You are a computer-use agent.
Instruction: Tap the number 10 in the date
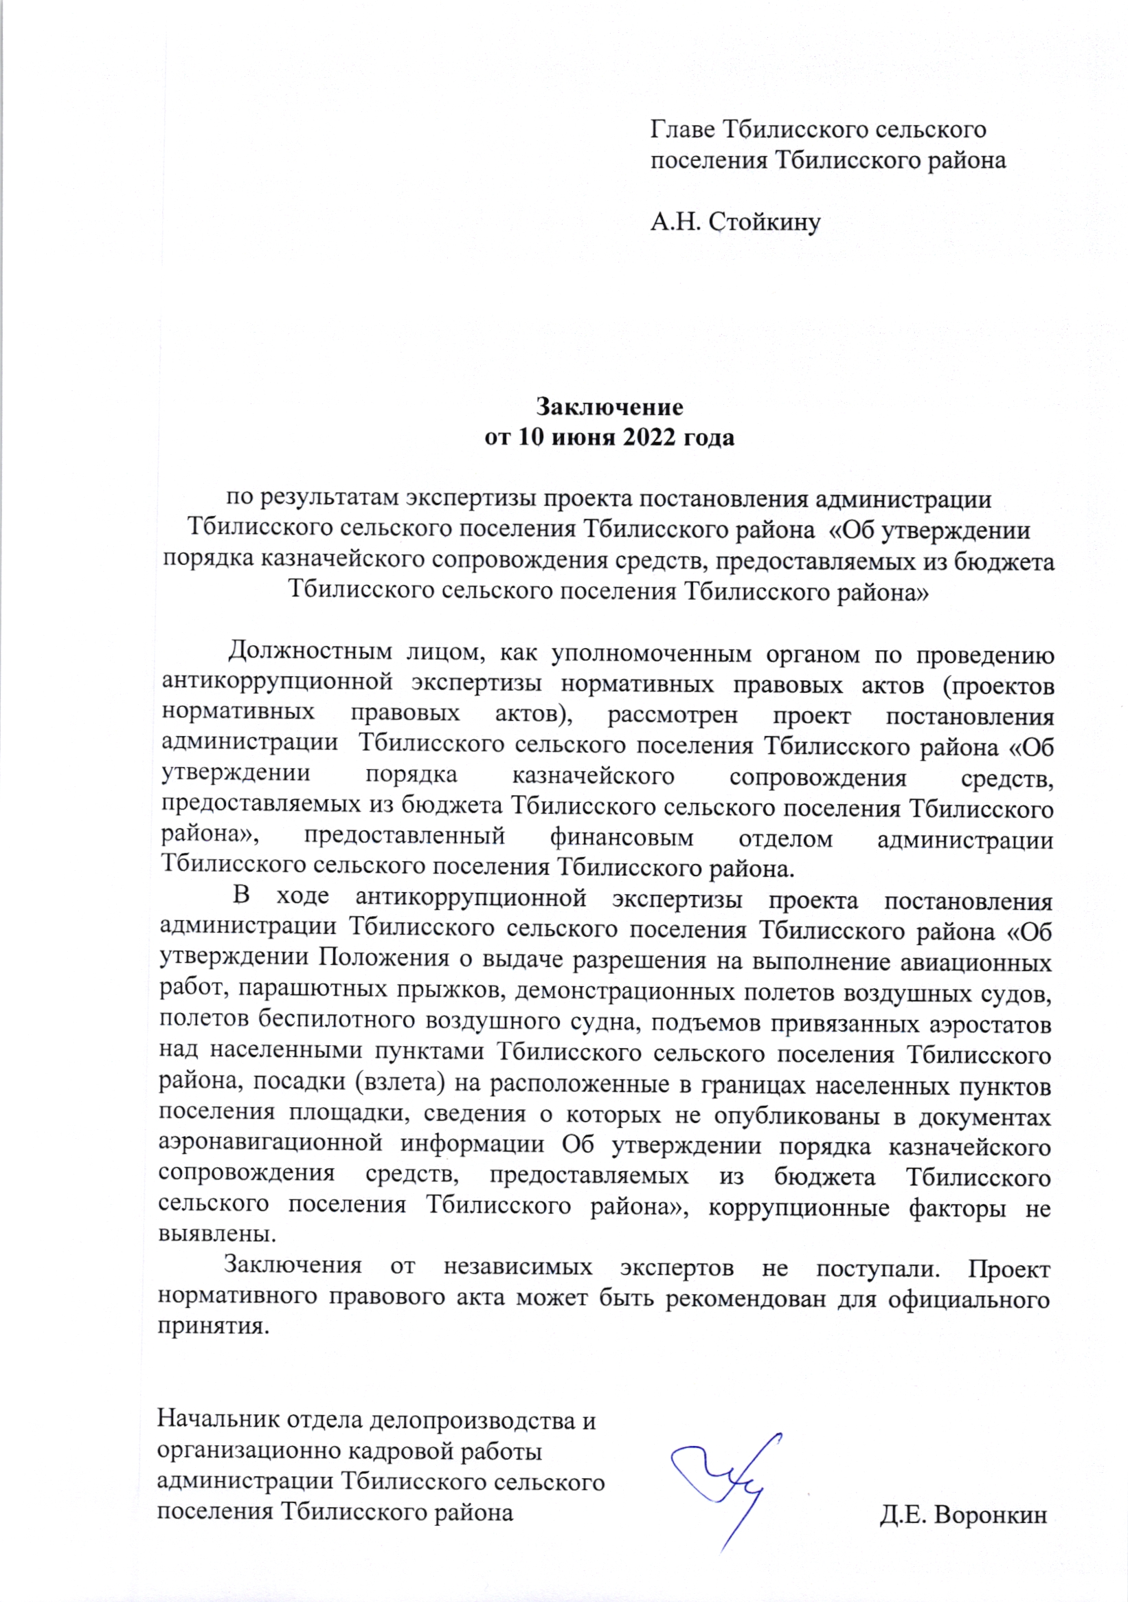coord(530,438)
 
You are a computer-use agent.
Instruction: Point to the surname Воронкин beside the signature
coord(990,1516)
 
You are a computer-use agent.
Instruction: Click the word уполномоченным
coord(651,654)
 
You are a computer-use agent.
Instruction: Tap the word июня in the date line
coord(584,438)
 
